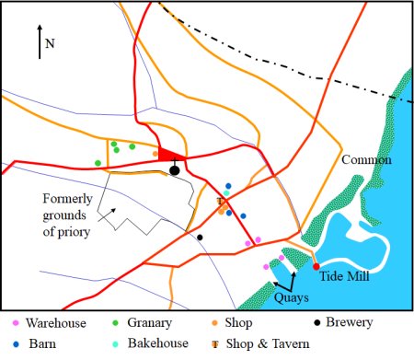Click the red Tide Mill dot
pyautogui.click(x=316, y=267)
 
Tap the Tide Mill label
pyautogui.click(x=344, y=276)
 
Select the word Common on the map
pyautogui.click(x=366, y=159)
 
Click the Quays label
pyautogui.click(x=292, y=298)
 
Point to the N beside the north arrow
pyautogui.click(x=50, y=43)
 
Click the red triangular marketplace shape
pyautogui.click(x=169, y=155)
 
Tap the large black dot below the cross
pyautogui.click(x=175, y=170)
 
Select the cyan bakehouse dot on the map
pyautogui.click(x=226, y=193)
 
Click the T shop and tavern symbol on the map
pyautogui.click(x=220, y=202)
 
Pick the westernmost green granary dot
pyautogui.click(x=98, y=163)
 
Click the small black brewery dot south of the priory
pyautogui.click(x=200, y=238)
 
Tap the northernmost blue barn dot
pyautogui.click(x=228, y=186)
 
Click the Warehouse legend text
pyautogui.click(x=56, y=323)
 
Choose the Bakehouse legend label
pyautogui.click(x=158, y=343)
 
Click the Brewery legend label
pyautogui.click(x=350, y=322)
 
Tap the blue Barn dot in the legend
pyautogui.click(x=16, y=344)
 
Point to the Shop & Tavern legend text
pyautogui.click(x=268, y=343)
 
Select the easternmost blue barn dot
pyautogui.click(x=243, y=216)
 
